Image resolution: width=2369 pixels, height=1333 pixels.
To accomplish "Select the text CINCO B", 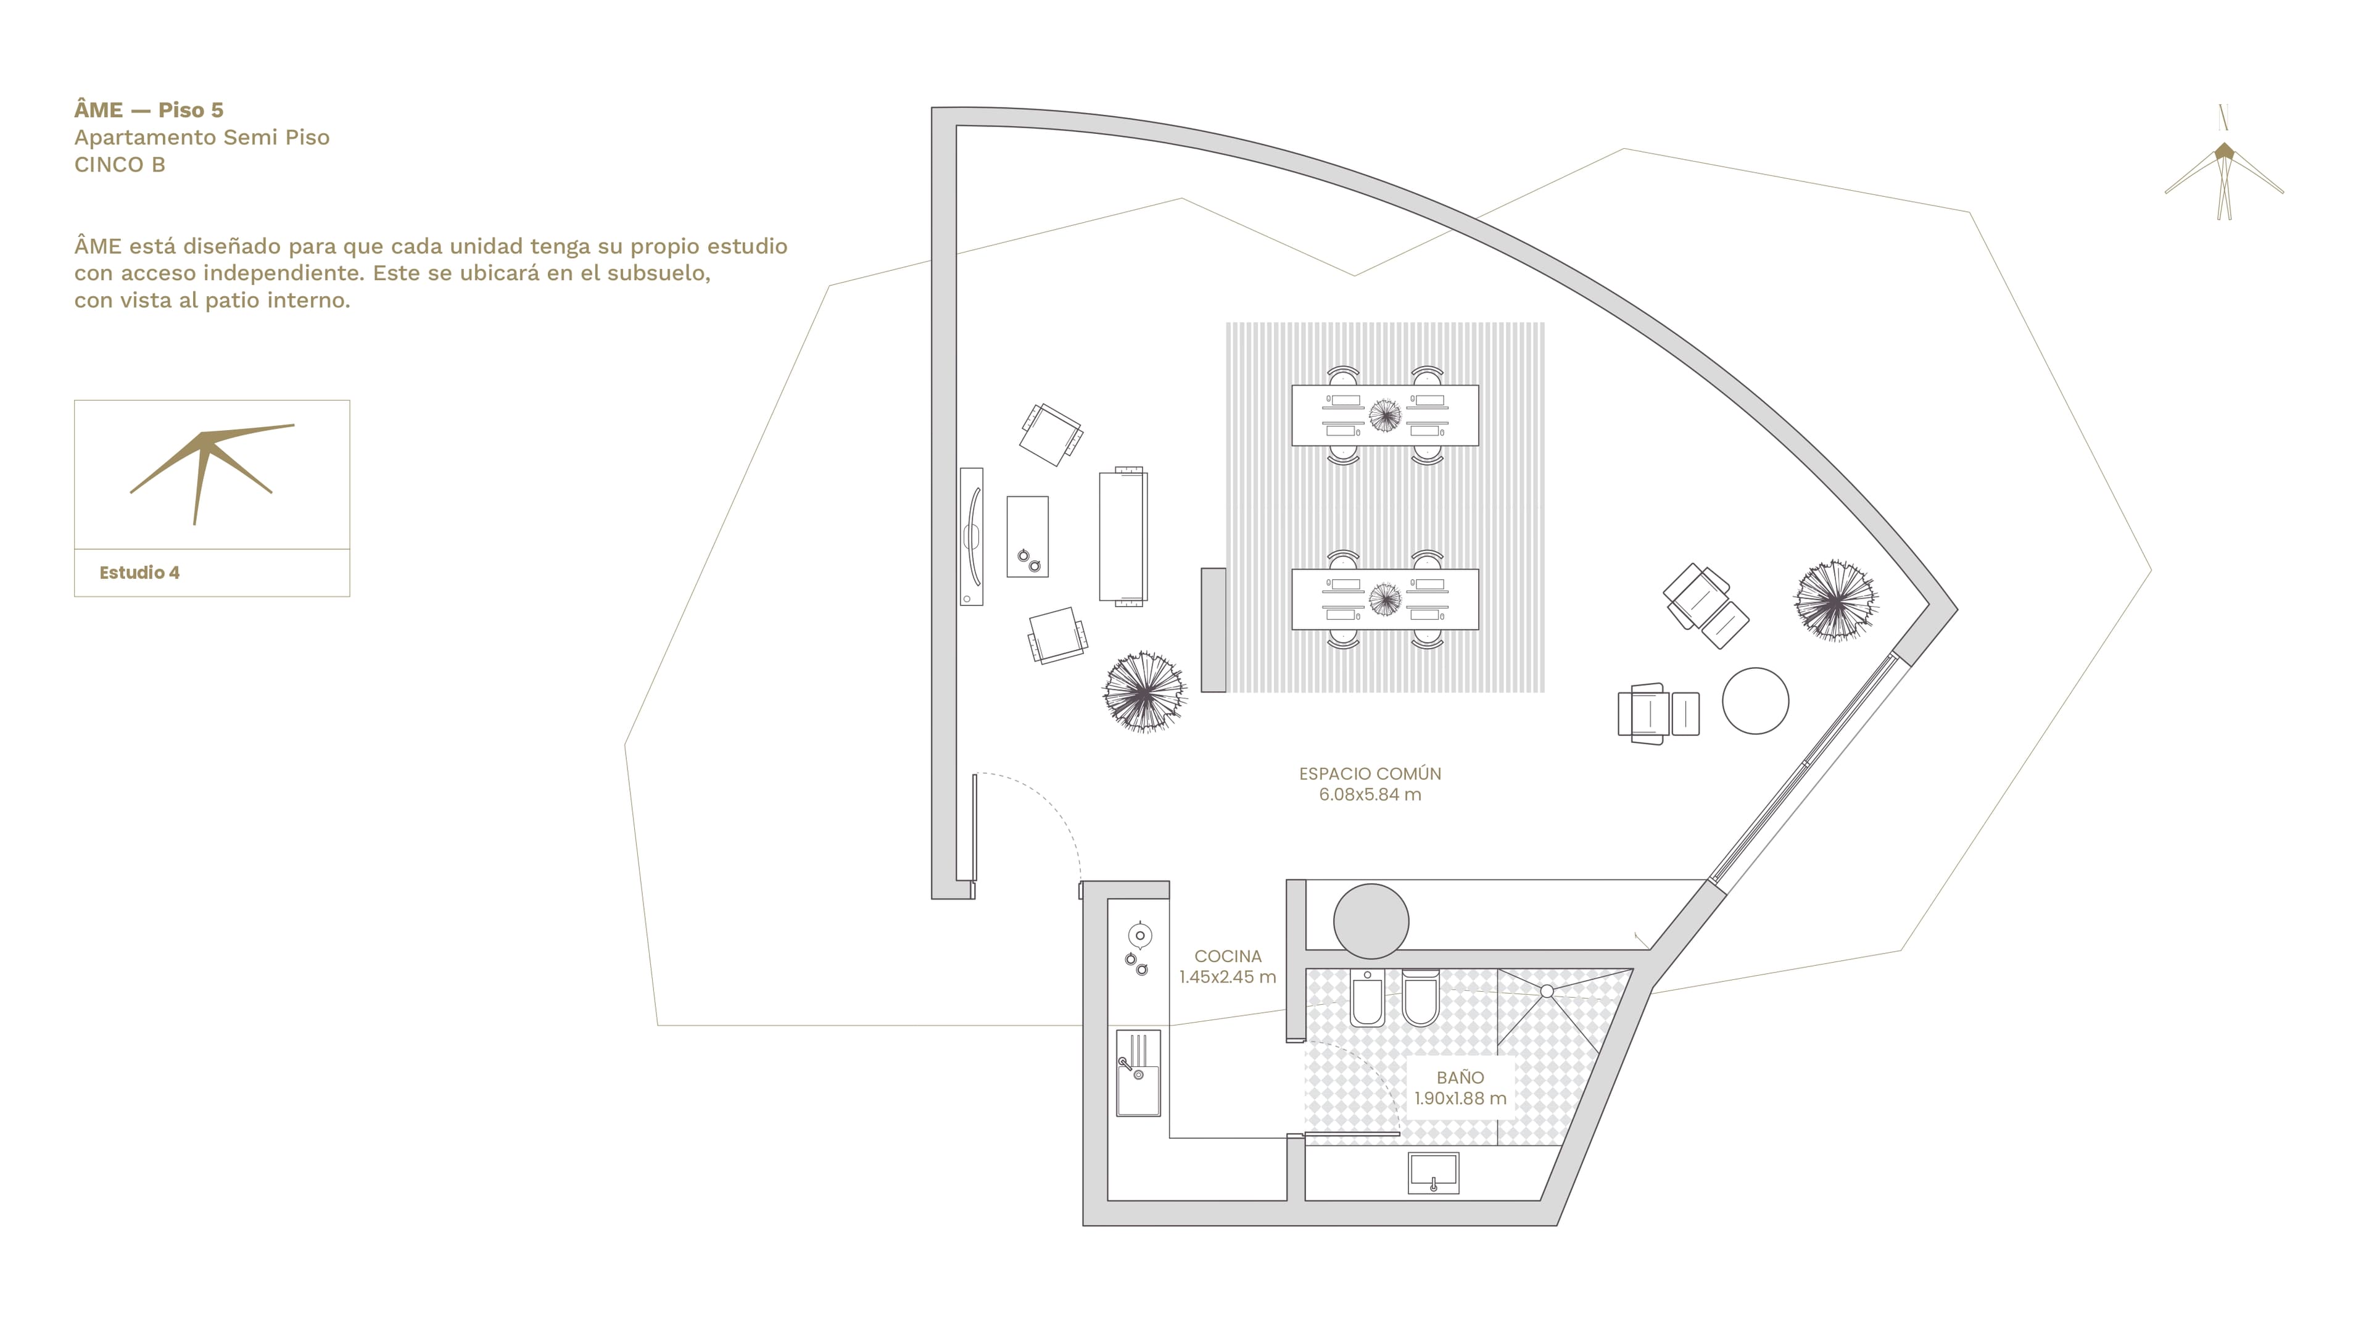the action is [x=120, y=165].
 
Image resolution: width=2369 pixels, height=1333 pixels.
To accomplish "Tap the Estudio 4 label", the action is [x=139, y=572].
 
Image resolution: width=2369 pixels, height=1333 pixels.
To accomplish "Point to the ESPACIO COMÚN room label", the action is [x=1370, y=774].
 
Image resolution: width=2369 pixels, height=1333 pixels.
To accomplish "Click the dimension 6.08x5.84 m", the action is [x=1370, y=795].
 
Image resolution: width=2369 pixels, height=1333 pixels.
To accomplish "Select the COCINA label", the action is [x=1228, y=956].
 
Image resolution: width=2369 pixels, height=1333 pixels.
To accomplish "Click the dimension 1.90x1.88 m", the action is [x=1460, y=1098].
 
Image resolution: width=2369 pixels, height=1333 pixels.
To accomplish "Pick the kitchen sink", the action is [x=1138, y=1073].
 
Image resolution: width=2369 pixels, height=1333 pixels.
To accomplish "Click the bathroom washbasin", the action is [x=1433, y=1174].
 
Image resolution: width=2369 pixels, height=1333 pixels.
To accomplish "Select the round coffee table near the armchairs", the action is [x=1755, y=701].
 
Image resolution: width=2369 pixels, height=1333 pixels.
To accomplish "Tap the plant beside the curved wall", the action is [x=1835, y=600].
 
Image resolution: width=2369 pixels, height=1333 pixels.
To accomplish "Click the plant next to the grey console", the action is [x=1144, y=692].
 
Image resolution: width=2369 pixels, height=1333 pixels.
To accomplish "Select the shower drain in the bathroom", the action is [x=1546, y=990].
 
